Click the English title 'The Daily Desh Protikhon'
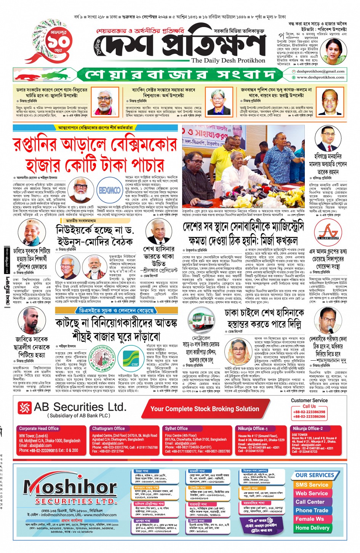click(x=228, y=60)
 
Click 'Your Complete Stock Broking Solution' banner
click(x=205, y=409)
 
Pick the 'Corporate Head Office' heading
click(x=39, y=428)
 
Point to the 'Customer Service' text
click(x=309, y=400)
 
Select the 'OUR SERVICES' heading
click(x=314, y=475)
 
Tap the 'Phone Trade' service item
click(x=312, y=510)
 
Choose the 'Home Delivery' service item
click(x=312, y=528)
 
